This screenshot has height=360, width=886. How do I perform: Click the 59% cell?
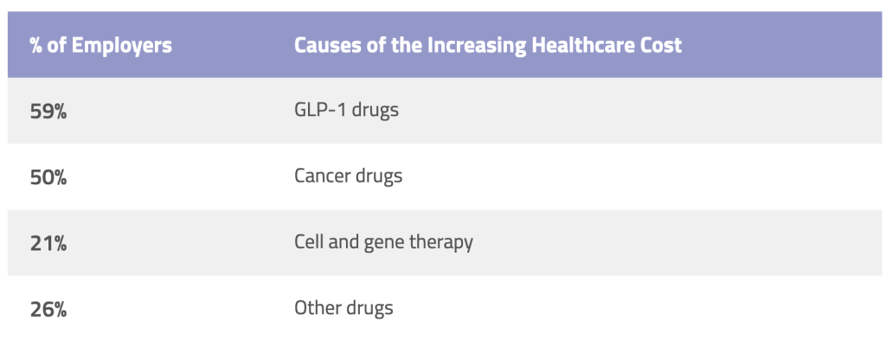click(x=48, y=112)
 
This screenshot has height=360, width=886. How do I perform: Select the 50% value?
click(x=48, y=177)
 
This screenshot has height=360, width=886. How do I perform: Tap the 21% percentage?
click(x=48, y=243)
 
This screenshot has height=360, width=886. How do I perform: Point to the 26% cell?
click(x=48, y=309)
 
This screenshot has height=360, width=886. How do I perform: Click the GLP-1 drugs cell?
click(x=346, y=111)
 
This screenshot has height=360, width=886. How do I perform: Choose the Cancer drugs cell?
click(x=348, y=177)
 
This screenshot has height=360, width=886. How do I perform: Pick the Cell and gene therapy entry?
click(x=383, y=242)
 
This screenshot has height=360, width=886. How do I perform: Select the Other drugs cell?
click(x=343, y=308)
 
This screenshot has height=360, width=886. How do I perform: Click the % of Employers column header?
click(x=100, y=45)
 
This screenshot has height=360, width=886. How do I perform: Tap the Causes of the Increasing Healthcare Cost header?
click(x=488, y=45)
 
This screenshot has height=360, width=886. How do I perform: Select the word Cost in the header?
click(x=662, y=45)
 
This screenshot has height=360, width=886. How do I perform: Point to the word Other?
click(x=317, y=308)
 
